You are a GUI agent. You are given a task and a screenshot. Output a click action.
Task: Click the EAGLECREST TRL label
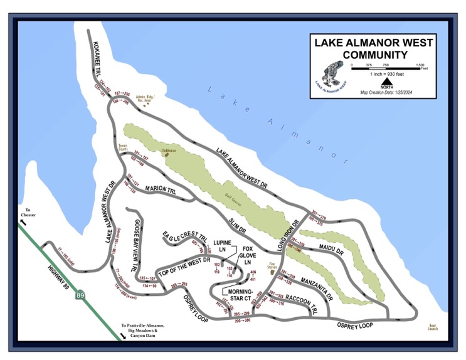(186, 239)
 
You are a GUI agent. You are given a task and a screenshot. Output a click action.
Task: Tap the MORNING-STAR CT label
(240, 295)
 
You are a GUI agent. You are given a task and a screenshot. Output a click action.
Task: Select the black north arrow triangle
(387, 80)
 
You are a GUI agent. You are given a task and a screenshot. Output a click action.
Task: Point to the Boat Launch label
(433, 327)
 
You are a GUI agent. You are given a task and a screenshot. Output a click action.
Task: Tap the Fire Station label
(273, 266)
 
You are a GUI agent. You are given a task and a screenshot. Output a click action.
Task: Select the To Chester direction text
(28, 214)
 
